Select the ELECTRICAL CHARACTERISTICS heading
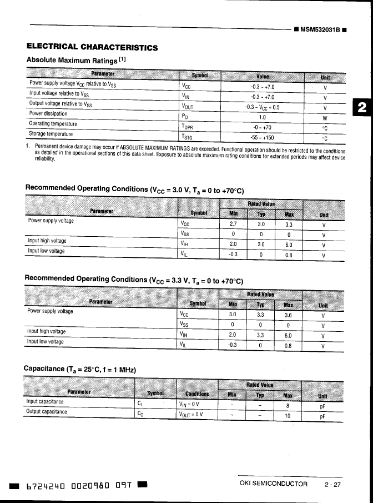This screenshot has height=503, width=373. coord(92,47)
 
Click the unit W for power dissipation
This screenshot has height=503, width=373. coord(325,118)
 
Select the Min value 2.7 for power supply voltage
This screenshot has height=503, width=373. coord(233,225)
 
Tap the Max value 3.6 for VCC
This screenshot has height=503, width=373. coord(288,315)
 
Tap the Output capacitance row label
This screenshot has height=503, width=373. coord(47,412)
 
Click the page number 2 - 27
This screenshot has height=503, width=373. coord(333,484)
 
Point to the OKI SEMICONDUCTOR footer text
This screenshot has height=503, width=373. coord(273,484)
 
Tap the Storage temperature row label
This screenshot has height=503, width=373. coord(51,134)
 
